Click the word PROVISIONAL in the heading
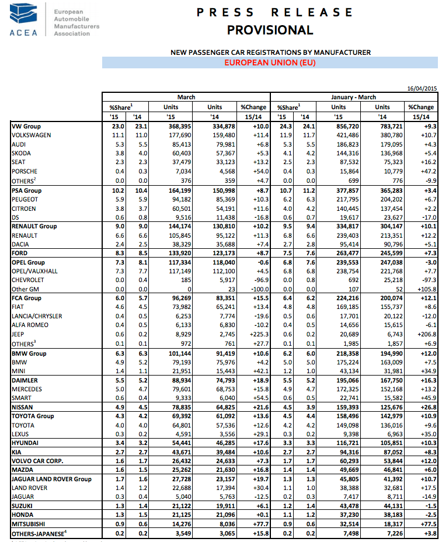click(x=270, y=30)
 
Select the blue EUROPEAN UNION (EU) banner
click(x=270, y=63)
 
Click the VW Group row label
click(x=26, y=126)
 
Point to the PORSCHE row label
click(x=25, y=171)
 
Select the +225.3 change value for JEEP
click(x=256, y=334)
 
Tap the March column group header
click(x=186, y=97)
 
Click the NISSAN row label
click(x=24, y=407)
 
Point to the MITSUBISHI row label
click(x=29, y=525)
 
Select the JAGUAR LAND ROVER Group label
click(x=51, y=479)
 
